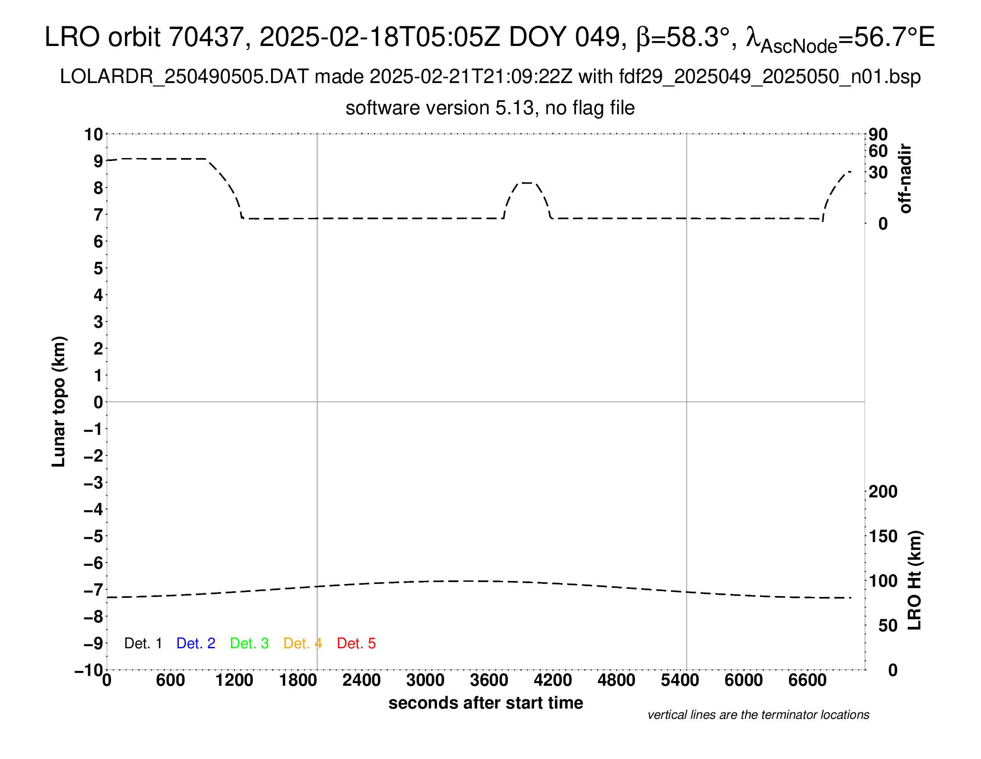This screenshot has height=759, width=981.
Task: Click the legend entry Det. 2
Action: tap(196, 643)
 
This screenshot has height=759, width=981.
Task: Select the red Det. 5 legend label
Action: tap(356, 643)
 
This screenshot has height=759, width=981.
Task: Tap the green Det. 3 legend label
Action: tap(249, 643)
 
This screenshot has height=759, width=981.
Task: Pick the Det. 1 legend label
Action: tap(143, 643)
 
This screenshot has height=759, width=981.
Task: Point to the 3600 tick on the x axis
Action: tap(489, 680)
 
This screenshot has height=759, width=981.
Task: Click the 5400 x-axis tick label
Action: tap(680, 680)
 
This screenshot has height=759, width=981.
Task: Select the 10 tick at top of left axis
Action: tap(94, 134)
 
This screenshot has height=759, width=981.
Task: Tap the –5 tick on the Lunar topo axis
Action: tap(94, 536)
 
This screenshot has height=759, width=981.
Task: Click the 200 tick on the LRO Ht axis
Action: tap(883, 492)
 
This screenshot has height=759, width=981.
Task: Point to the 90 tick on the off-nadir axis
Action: tap(878, 134)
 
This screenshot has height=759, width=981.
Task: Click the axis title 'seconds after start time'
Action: tap(486, 703)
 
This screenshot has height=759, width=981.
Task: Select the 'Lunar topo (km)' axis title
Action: tap(59, 401)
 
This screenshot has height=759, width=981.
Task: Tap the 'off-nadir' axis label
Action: tap(906, 179)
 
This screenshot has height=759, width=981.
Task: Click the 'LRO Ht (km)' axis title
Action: tap(915, 580)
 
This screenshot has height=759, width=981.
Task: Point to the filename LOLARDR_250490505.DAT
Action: tap(184, 77)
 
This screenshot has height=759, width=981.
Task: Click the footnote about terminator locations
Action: tap(758, 715)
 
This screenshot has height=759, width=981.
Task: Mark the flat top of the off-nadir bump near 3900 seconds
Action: tap(527, 183)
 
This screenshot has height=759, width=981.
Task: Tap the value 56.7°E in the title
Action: tap(894, 37)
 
